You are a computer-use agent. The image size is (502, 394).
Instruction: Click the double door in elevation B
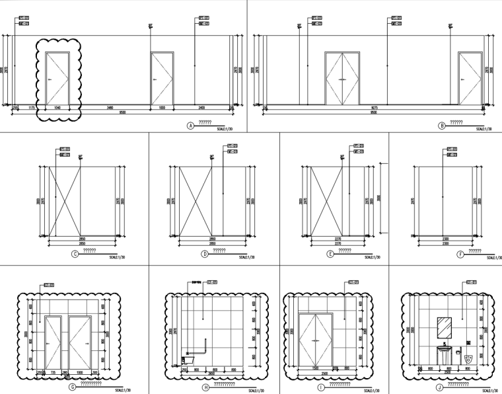pyautogui.click(x=343, y=79)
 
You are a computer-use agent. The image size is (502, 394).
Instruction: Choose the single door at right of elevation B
pyautogui.click(x=470, y=79)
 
